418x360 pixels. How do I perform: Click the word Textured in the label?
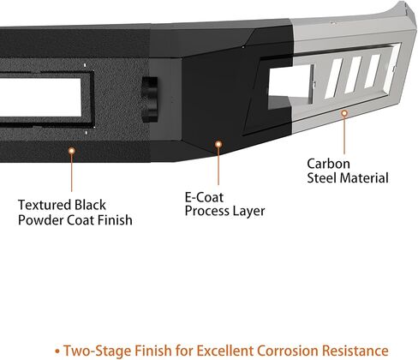click(x=45, y=205)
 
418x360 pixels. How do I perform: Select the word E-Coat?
click(x=204, y=197)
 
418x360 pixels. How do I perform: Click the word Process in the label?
click(x=206, y=211)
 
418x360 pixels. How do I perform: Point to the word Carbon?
click(x=328, y=164)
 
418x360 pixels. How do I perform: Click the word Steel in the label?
click(x=322, y=177)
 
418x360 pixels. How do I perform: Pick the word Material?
click(x=364, y=177)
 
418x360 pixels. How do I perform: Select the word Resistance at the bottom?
click(x=355, y=351)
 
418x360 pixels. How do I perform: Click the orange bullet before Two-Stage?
click(x=57, y=351)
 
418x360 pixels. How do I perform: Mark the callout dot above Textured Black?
click(x=72, y=151)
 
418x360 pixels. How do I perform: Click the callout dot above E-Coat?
click(x=218, y=144)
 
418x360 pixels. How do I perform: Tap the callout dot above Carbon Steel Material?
click(x=344, y=113)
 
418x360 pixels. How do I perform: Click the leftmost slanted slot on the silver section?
click(x=333, y=79)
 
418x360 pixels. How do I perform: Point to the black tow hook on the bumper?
click(x=150, y=99)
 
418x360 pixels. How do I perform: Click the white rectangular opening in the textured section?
click(x=40, y=97)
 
